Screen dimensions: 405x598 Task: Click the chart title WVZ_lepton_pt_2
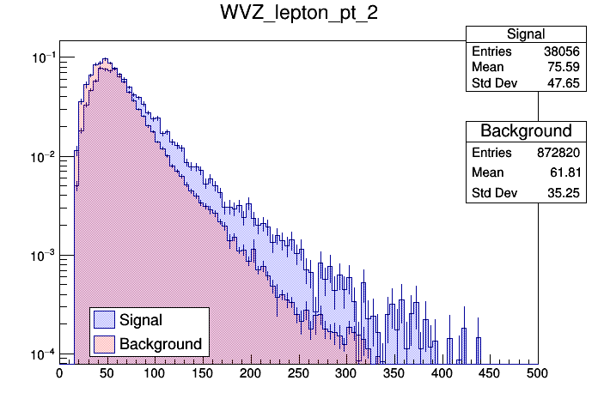tap(298, 16)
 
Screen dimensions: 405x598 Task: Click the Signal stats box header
tap(526, 34)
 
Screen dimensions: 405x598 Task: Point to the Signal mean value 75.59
tap(565, 68)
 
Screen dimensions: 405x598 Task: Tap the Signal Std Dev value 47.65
tap(565, 83)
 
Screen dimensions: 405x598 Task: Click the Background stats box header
tap(526, 131)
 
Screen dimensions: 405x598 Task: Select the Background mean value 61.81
tap(565, 172)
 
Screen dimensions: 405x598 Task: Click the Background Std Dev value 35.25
tap(565, 193)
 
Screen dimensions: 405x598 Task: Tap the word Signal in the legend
tap(141, 320)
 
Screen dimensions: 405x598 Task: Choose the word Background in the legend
tap(161, 344)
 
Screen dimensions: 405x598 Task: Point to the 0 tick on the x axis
tap(59, 373)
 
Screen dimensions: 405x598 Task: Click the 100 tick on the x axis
tap(155, 373)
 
